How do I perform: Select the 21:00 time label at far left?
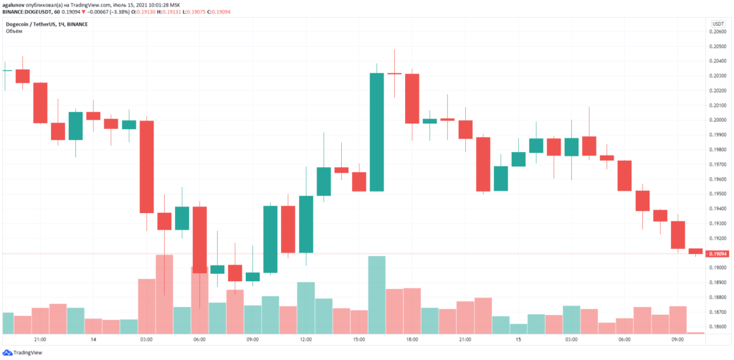[40, 339]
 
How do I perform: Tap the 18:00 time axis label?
[412, 339]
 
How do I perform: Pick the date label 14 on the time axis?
[93, 339]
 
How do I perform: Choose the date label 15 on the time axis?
[518, 339]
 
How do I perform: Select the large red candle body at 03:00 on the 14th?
[147, 166]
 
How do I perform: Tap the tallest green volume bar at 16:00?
[377, 295]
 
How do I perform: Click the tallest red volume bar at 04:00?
[164, 294]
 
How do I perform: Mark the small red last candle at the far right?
[695, 251]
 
